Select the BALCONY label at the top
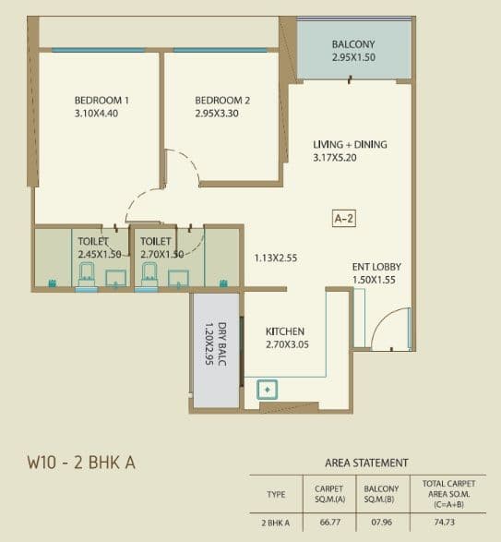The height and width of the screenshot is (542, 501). coord(353,44)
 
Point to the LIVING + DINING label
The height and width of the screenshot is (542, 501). coord(350,144)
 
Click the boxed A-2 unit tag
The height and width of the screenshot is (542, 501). coord(344,219)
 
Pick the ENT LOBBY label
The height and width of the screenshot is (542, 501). coord(376,267)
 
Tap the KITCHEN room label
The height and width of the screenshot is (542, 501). coord(285,331)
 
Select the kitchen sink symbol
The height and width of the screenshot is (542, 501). coord(267,391)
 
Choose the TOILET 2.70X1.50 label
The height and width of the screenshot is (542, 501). coord(157,247)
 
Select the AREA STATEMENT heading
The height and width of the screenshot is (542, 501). coord(366,462)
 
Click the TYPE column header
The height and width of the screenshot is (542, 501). coord(276,494)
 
